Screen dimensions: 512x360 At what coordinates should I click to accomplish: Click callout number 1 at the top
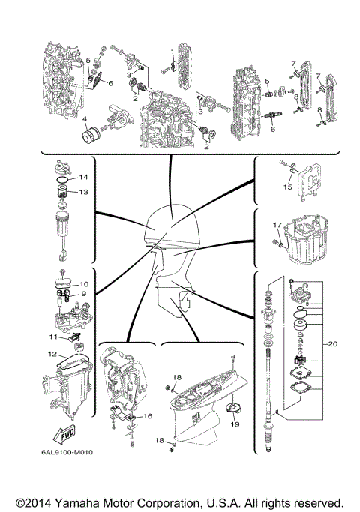(x=172, y=51)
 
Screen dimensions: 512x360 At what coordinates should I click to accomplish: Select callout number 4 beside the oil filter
(x=85, y=119)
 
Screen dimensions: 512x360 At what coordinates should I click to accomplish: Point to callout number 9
(x=84, y=295)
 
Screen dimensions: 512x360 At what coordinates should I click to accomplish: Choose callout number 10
(x=84, y=284)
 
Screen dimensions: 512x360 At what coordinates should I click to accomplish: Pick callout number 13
(x=84, y=191)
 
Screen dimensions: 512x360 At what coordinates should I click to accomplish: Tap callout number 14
(x=84, y=178)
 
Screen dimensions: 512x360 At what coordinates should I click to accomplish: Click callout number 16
(x=148, y=415)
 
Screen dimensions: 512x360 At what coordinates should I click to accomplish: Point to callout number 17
(x=277, y=224)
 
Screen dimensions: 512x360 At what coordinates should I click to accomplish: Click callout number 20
(x=334, y=344)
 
